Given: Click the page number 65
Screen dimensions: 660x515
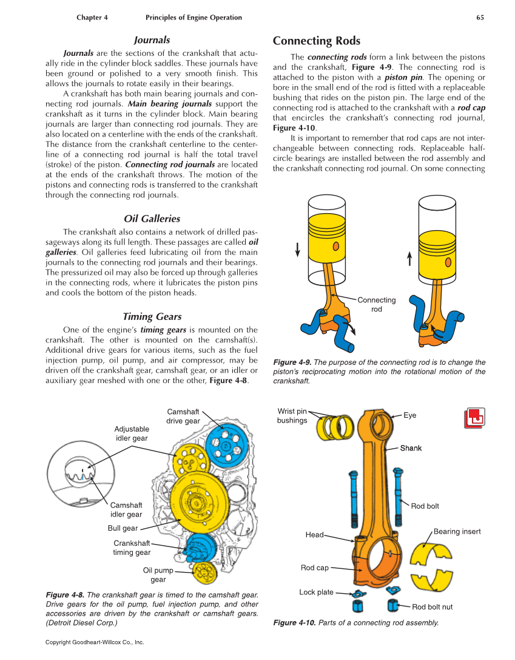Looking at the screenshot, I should click(x=480, y=18).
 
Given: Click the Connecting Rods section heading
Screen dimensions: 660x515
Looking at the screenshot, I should click(x=316, y=41).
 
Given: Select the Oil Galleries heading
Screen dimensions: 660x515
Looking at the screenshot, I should click(x=152, y=219).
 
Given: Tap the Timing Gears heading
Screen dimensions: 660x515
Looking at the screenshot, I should click(x=152, y=316).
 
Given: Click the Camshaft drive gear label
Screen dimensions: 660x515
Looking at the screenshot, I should click(x=183, y=417).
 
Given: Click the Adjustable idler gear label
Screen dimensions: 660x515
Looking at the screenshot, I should click(x=132, y=434).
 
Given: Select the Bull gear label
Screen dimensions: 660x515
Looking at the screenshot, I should click(x=123, y=528).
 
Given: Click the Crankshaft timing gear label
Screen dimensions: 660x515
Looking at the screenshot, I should click(x=132, y=548).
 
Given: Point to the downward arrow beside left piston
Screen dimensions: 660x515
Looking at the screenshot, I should click(x=297, y=250).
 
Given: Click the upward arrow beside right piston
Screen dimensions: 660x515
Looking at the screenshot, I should click(x=409, y=259).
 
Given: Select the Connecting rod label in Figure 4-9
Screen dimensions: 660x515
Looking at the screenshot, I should click(x=376, y=304).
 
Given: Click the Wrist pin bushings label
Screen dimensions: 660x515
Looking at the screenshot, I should click(x=292, y=416).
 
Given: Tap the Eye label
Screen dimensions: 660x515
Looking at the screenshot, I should click(x=410, y=415).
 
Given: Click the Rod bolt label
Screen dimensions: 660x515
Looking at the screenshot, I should click(x=425, y=506).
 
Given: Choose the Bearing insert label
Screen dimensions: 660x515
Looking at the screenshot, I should click(x=457, y=532).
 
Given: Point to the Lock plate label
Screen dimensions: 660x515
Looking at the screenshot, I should click(x=316, y=592).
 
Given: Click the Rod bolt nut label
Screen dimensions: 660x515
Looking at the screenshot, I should click(x=432, y=607).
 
